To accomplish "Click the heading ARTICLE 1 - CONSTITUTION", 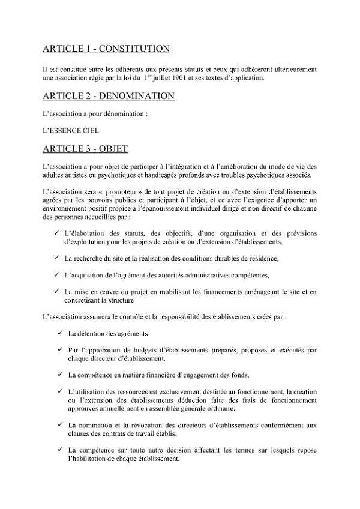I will pyautogui.click(x=106, y=49).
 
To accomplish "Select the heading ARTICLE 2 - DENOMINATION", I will pyautogui.click(x=109, y=95).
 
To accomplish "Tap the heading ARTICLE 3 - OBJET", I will pyautogui.click(x=85, y=148).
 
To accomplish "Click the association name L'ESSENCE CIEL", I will pyautogui.click(x=71, y=130).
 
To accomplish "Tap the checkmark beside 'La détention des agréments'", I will pyautogui.click(x=60, y=333).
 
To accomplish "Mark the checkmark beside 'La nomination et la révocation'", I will pyautogui.click(x=60, y=424).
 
